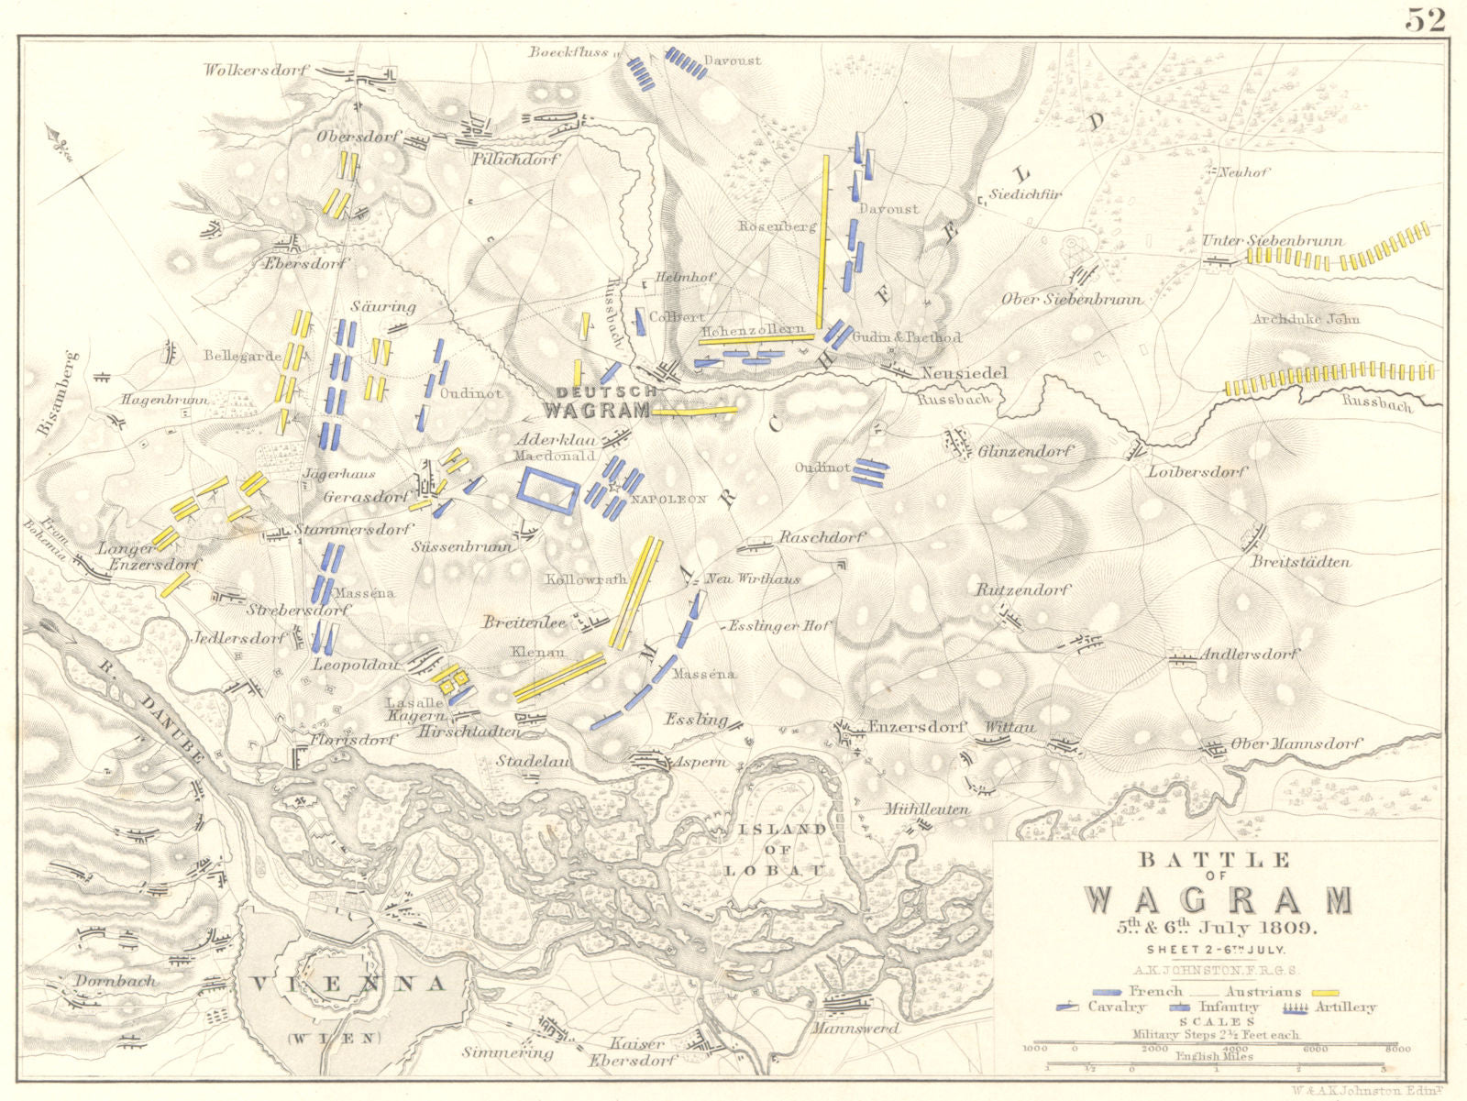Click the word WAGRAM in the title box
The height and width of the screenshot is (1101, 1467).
coord(1219,900)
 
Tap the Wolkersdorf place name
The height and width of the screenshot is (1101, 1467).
coord(257,70)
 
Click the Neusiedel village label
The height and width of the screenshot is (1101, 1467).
coord(964,373)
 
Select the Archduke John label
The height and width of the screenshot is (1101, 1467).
coord(1307,319)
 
